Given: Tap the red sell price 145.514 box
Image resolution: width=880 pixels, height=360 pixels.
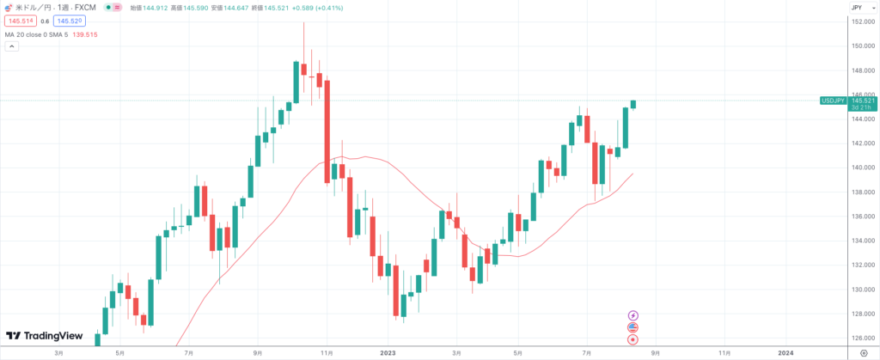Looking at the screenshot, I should (21, 20).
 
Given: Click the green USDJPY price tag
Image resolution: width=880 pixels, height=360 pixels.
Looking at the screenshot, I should (833, 101).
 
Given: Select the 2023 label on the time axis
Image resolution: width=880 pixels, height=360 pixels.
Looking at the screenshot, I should (388, 352).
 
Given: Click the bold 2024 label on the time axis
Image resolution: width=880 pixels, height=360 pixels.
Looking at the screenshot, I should (785, 352).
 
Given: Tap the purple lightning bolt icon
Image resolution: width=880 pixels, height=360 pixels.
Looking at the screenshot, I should (633, 315).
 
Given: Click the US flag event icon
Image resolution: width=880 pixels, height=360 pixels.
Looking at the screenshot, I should (633, 327).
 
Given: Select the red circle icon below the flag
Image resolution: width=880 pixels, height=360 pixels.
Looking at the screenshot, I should (633, 339).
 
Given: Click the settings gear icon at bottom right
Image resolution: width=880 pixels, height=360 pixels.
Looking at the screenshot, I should (863, 352).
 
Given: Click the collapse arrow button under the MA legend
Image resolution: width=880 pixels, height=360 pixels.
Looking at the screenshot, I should (10, 46).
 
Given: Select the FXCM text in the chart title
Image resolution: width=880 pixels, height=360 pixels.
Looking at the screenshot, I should (85, 7).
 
